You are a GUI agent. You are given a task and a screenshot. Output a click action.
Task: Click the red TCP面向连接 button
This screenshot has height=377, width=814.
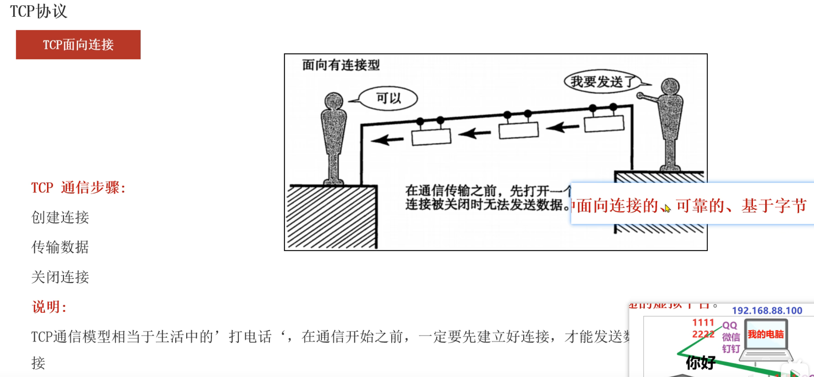coord(78,45)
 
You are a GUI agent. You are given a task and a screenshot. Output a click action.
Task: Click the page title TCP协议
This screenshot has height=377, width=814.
coord(38,11)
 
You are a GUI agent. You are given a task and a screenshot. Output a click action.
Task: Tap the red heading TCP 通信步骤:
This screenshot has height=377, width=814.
coord(78,188)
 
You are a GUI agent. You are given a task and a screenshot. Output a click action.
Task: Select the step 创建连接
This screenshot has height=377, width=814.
coord(60,217)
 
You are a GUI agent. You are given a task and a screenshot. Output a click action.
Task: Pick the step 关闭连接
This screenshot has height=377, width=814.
coord(60,277)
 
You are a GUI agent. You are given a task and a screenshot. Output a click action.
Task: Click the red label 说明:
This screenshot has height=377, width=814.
coord(49,307)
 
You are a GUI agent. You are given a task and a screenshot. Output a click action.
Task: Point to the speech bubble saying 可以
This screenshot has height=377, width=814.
coord(388,99)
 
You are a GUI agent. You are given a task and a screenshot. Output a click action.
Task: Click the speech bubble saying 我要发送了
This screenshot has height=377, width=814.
coord(602,82)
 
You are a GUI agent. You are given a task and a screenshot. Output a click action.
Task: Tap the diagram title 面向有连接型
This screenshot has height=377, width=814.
coord(341,65)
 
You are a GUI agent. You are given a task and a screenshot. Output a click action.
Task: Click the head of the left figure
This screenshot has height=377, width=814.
coord(333,101)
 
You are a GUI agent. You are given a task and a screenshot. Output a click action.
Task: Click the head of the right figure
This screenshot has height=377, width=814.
coord(670,86)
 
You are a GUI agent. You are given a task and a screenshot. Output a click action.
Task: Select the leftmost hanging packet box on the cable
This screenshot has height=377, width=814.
coord(431,137)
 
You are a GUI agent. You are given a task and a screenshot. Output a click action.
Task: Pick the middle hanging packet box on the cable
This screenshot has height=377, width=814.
coord(518,130)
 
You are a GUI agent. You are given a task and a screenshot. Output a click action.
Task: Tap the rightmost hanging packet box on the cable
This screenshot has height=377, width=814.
coord(604,124)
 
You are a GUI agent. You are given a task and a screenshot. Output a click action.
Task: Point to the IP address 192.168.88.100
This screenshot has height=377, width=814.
coord(767,311)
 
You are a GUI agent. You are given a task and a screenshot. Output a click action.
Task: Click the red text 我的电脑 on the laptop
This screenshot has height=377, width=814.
coord(766,334)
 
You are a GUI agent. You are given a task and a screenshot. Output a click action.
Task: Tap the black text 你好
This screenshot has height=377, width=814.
coord(701,362)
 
